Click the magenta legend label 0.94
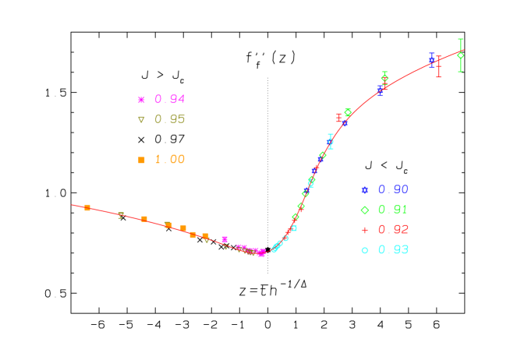pos(169,100)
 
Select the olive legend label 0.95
pos(169,119)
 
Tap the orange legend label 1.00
pos(169,160)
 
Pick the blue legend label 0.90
pos(393,189)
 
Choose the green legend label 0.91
pos(393,210)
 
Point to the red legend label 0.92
pos(393,230)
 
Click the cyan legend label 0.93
pos(393,250)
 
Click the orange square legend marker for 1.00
pos(141,160)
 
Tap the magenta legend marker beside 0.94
pos(141,100)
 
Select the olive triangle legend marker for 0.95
pos(141,119)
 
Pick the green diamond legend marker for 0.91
pos(364,210)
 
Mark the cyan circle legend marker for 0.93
pos(364,250)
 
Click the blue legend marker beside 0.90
pos(364,189)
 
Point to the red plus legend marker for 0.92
pos(364,230)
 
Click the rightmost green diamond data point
pos(460,55)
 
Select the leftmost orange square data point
pos(87,207)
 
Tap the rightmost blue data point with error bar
pos(431,60)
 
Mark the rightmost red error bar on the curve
pos(438,66)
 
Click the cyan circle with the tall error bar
pos(330,142)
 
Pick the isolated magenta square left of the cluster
pos(225,239)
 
